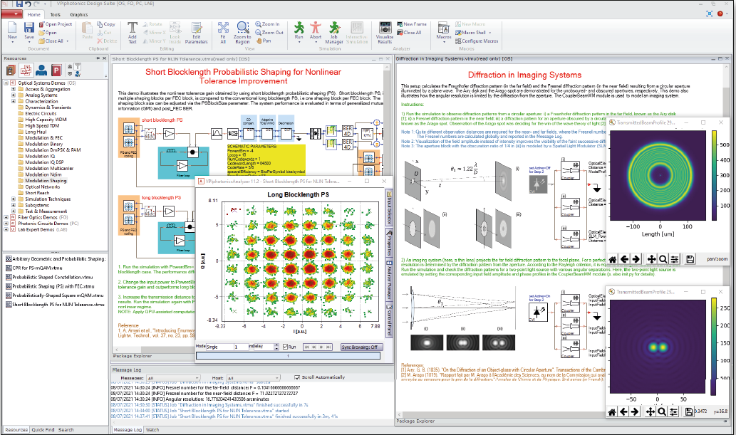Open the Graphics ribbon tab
[78, 14]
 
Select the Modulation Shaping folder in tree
[47, 180]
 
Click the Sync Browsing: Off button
[361, 347]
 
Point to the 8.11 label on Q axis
[212, 201]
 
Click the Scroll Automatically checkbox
[297, 377]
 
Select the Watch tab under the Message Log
[152, 430]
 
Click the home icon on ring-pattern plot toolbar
[611, 259]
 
